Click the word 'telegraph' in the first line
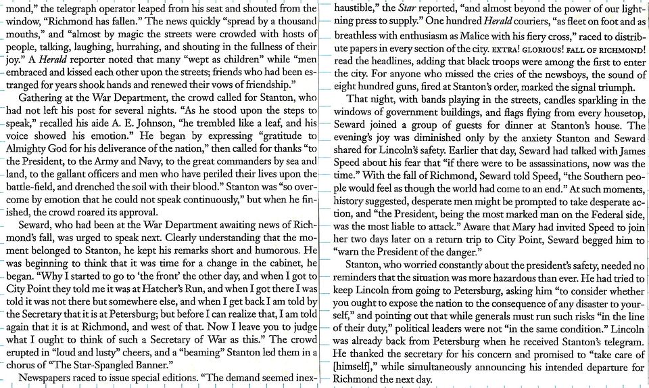pos(85,8)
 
